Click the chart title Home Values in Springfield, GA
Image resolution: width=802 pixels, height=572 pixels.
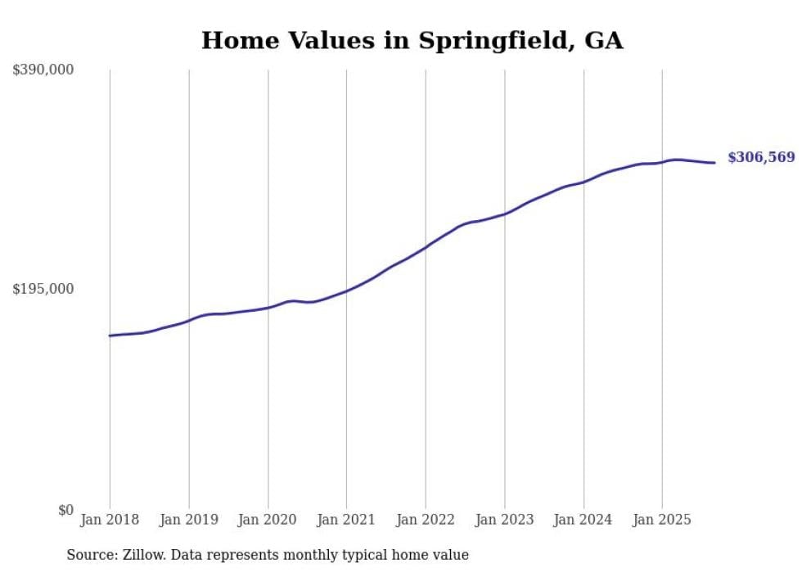(412, 40)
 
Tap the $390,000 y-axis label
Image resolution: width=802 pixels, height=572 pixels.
(43, 70)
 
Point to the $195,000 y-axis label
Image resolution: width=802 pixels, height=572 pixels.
(43, 289)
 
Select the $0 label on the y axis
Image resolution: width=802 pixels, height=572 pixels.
(65, 510)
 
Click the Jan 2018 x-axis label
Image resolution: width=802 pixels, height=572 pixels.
(110, 520)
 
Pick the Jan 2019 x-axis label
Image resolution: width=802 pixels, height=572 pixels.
(189, 520)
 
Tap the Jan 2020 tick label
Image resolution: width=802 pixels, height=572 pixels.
(268, 520)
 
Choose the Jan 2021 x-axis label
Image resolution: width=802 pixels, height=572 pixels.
(346, 520)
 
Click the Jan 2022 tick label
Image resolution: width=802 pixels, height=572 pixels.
(426, 520)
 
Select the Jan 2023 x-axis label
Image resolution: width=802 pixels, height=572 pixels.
(504, 520)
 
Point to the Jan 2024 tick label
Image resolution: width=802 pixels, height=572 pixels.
(583, 520)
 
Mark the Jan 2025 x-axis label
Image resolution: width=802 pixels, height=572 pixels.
(662, 520)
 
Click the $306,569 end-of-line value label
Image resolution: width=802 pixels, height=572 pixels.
(761, 158)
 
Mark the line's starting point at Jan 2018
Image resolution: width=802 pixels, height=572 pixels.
(110, 336)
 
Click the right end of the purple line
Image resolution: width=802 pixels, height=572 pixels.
(715, 162)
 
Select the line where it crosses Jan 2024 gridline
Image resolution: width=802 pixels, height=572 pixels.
(583, 182)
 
